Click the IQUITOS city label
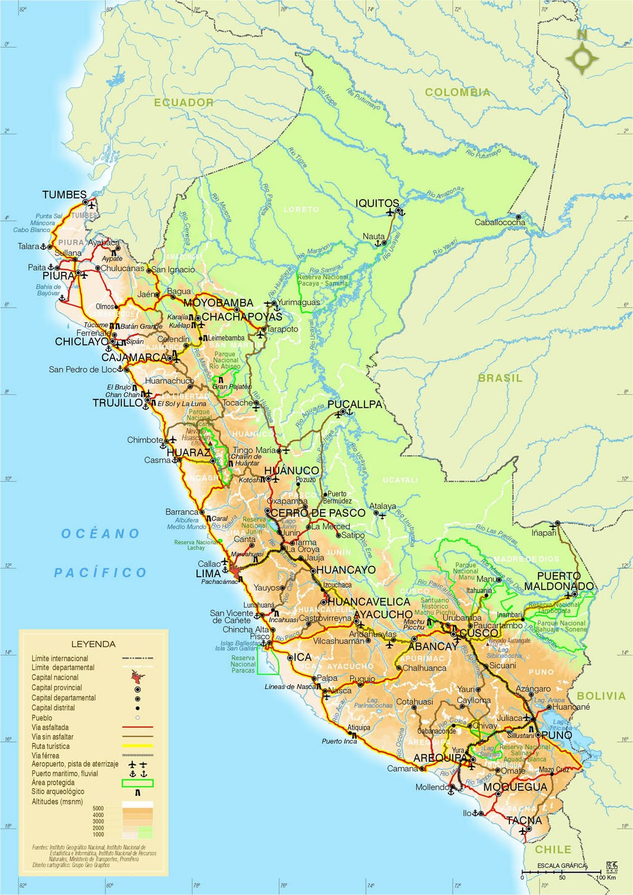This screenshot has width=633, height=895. [378, 203]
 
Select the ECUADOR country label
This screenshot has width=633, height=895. [184, 102]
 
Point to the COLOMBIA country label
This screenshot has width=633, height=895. [457, 92]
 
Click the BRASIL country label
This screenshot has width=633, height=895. [500, 378]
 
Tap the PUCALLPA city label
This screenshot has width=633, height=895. [355, 404]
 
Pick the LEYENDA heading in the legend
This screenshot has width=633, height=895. [93, 644]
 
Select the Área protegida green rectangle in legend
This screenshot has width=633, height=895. [137, 783]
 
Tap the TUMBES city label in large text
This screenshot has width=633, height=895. [64, 195]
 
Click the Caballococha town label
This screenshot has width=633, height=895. [500, 222]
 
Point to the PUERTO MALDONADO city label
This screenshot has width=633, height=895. [565, 581]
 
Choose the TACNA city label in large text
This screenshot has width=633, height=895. [524, 821]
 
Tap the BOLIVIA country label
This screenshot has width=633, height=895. [601, 696]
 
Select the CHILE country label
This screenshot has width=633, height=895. [553, 849]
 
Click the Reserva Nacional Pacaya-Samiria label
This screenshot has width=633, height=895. [323, 280]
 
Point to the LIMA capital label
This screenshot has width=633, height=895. [208, 574]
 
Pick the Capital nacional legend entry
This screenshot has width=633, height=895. [55, 677]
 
